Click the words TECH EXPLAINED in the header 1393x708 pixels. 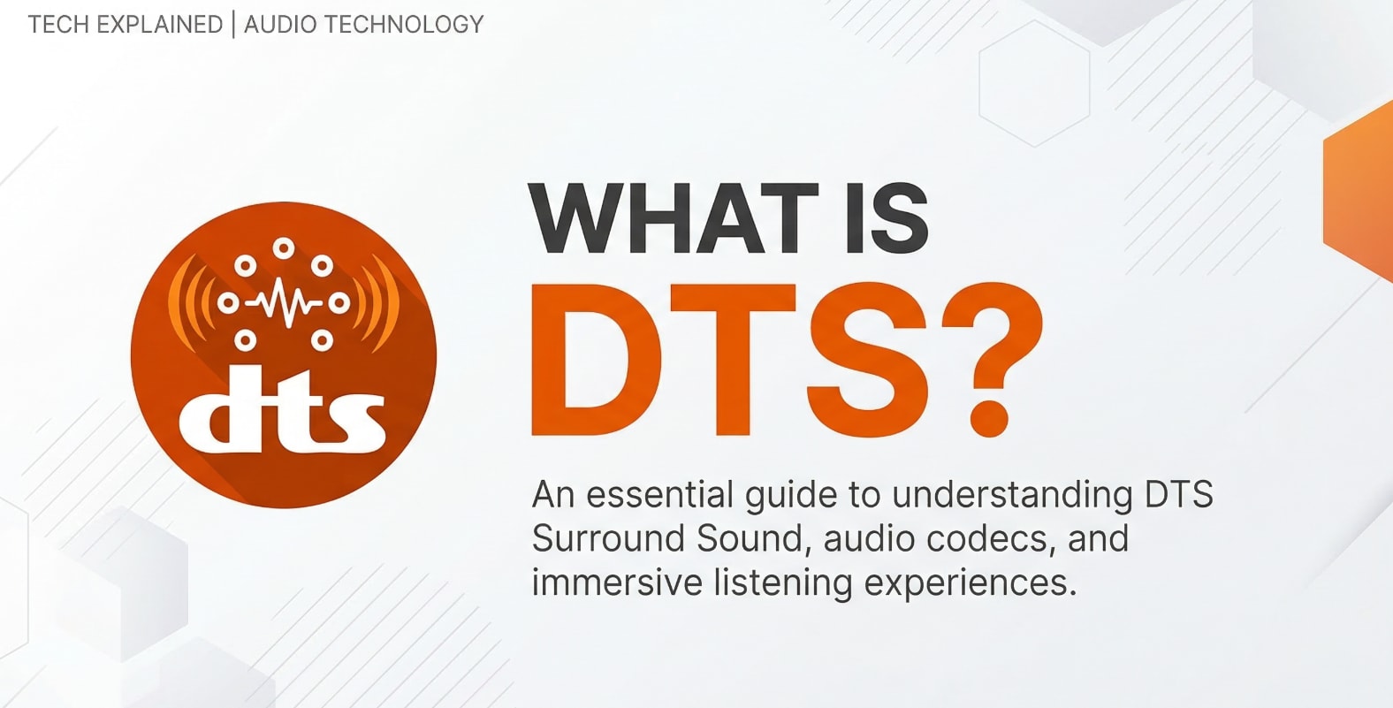pyautogui.click(x=125, y=25)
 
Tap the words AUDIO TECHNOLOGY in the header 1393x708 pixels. pyautogui.click(x=363, y=25)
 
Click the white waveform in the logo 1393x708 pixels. pyautogui.click(x=283, y=303)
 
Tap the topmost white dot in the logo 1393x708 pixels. pyautogui.click(x=283, y=247)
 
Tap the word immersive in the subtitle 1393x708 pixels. pyautogui.click(x=616, y=583)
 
